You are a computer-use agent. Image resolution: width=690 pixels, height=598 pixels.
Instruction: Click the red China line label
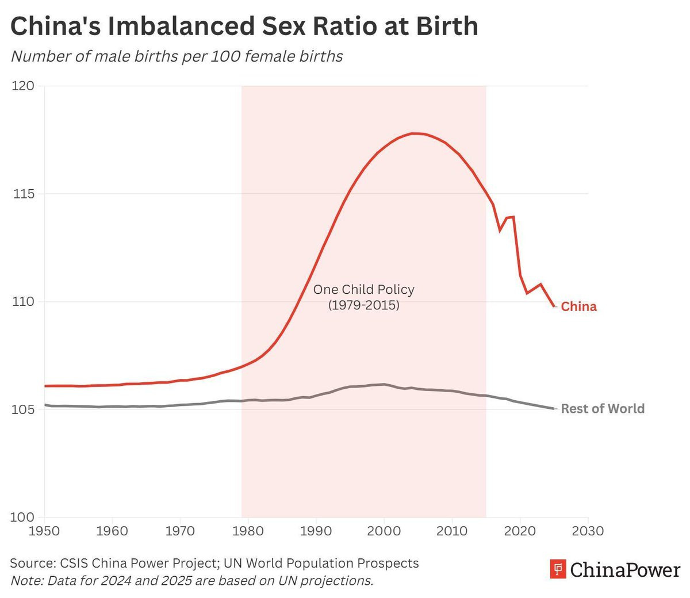(578, 306)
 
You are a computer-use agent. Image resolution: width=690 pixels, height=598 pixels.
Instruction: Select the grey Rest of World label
(603, 409)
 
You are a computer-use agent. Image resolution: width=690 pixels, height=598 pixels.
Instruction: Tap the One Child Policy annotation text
(363, 289)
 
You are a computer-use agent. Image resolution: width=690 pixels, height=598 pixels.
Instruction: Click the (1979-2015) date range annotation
(363, 305)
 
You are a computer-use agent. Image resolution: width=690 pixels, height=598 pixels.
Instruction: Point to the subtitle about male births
(177, 56)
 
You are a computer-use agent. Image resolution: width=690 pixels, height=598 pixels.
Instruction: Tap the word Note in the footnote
(25, 580)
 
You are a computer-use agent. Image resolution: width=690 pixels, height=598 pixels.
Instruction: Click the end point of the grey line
(554, 408)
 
